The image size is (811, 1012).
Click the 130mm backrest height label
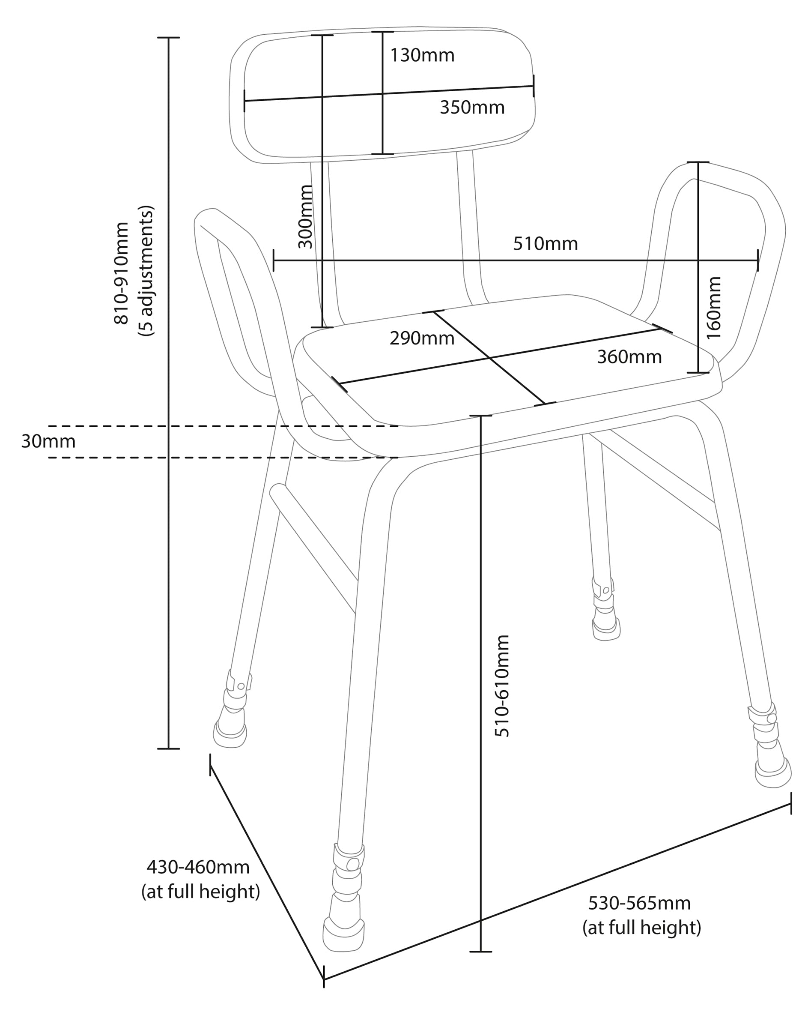click(422, 55)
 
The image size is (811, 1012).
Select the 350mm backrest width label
click(472, 108)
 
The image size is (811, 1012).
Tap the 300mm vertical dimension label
click(305, 216)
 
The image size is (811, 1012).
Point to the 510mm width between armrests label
click(545, 244)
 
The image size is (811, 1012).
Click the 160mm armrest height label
click(713, 308)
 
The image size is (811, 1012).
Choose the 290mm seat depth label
click(422, 338)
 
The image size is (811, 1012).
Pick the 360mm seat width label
click(629, 357)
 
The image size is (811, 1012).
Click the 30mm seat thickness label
click(48, 441)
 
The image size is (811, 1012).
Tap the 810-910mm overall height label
click(122, 273)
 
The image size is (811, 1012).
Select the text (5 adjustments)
click(146, 271)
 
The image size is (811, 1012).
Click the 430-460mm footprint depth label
click(198, 867)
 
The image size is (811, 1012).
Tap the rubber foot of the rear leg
click(606, 629)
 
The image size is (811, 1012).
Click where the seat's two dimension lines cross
click(490, 358)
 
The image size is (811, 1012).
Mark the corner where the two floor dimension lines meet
click(324, 979)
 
